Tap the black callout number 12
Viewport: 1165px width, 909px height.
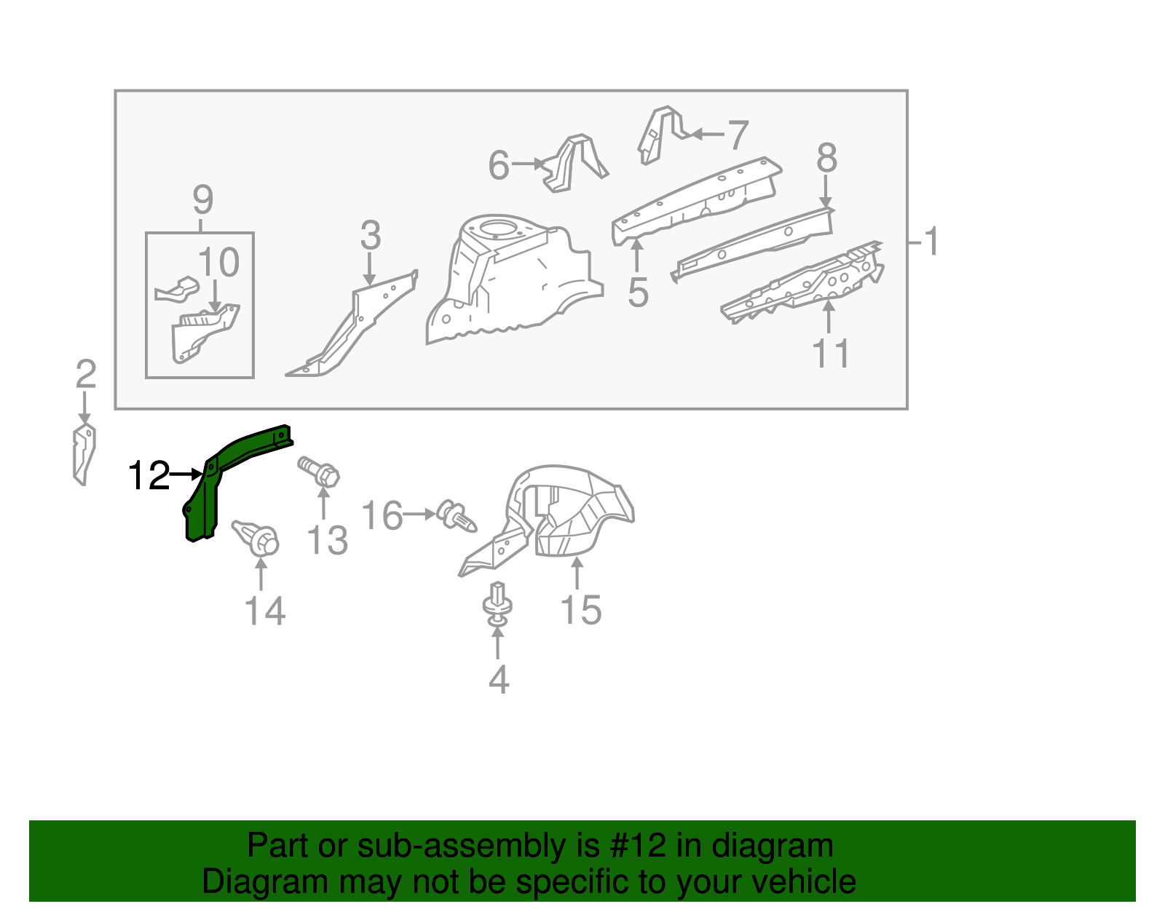[149, 476]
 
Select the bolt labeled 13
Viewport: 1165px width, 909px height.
[320, 471]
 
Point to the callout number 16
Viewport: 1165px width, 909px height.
[382, 515]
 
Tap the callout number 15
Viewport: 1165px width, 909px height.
[581, 610]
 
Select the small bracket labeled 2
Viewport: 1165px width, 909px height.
[84, 455]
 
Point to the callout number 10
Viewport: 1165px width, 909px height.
[218, 263]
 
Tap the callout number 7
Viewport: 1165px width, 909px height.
[738, 135]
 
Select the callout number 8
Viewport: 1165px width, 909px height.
[826, 158]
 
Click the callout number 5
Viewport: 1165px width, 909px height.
[638, 293]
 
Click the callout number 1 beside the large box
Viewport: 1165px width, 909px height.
[931, 241]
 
